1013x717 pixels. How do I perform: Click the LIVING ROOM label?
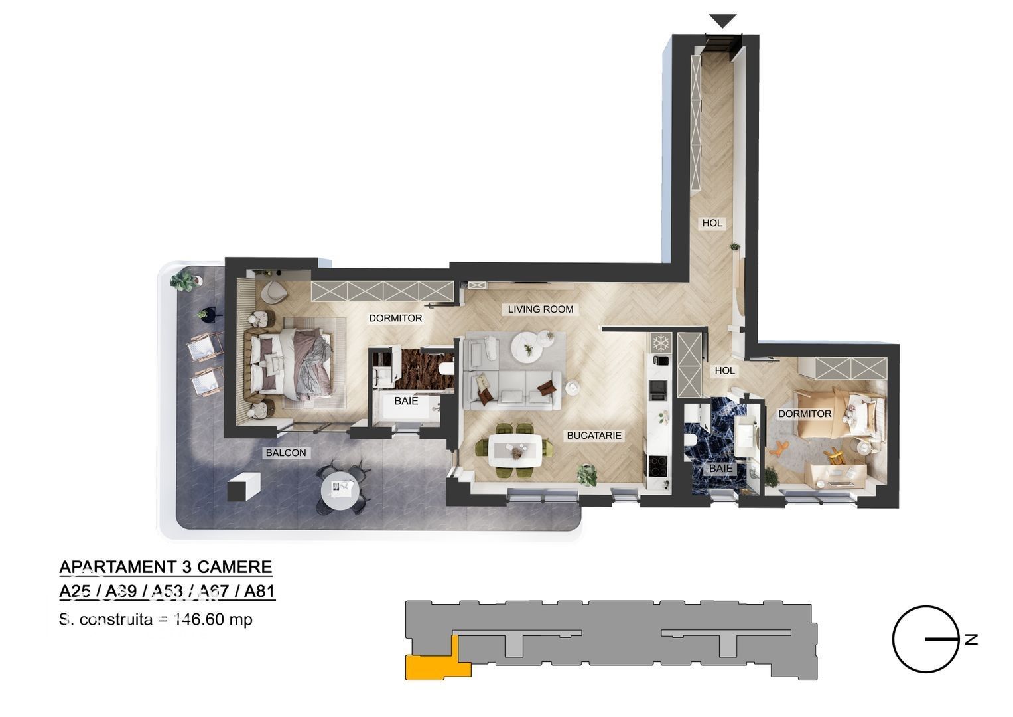pyautogui.click(x=540, y=309)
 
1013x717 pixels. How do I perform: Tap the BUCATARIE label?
pyautogui.click(x=594, y=436)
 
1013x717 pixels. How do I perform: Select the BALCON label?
pyautogui.click(x=286, y=453)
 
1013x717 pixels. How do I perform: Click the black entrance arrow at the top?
pyautogui.click(x=722, y=21)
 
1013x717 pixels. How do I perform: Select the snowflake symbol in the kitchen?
pyautogui.click(x=660, y=343)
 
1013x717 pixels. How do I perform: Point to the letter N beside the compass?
pyautogui.click(x=971, y=640)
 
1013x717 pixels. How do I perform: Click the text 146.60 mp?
pyautogui.click(x=213, y=620)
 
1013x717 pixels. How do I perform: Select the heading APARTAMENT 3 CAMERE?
pyautogui.click(x=166, y=567)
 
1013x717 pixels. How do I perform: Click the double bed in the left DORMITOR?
pyautogui.click(x=292, y=359)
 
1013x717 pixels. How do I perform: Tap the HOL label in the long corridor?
pyautogui.click(x=712, y=223)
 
